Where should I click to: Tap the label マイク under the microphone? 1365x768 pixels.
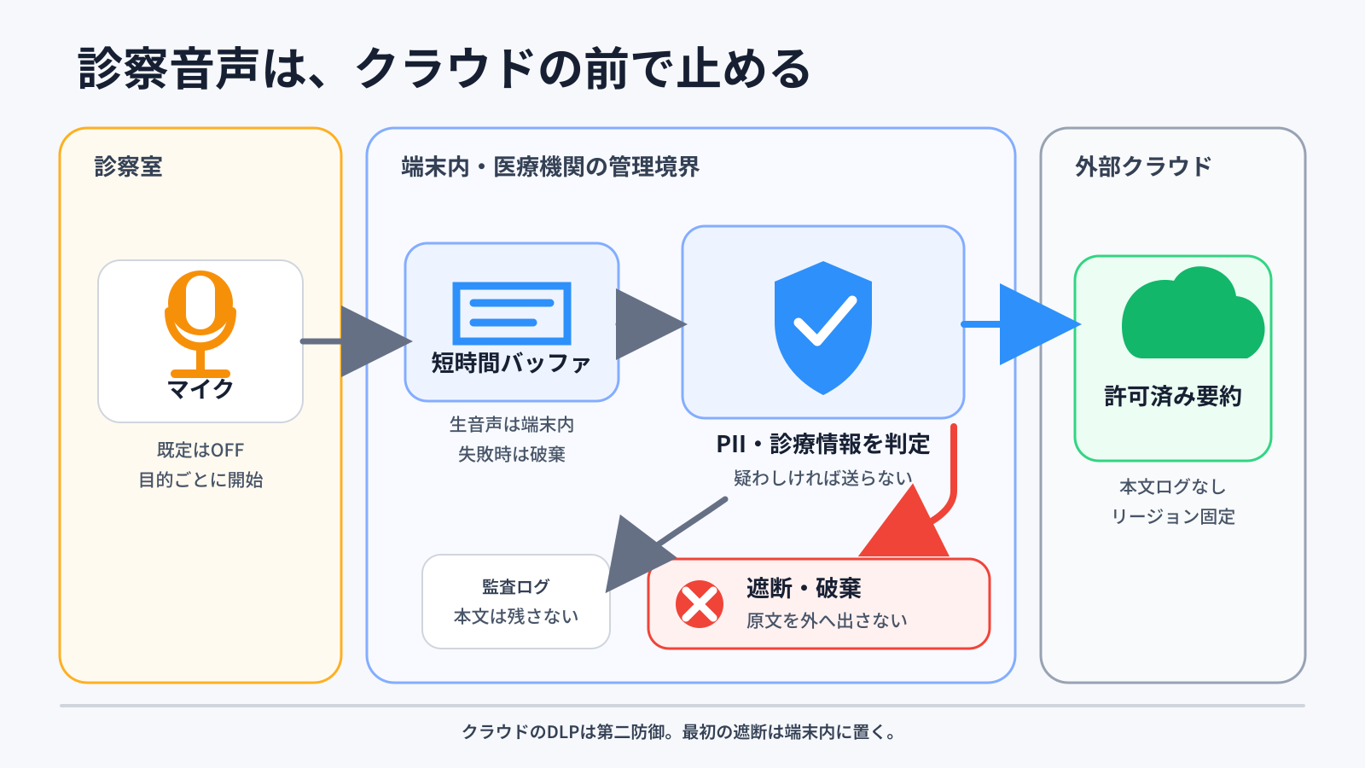pos(200,389)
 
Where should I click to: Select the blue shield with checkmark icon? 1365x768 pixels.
pos(823,328)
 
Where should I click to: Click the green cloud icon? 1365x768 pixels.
pos(1193,312)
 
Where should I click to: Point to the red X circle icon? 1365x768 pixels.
pos(700,604)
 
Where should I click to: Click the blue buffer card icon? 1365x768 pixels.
pos(512,313)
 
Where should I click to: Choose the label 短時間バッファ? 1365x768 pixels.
pos(511,363)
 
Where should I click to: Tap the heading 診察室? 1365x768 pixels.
pos(129,166)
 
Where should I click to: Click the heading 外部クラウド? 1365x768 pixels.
pos(1143,166)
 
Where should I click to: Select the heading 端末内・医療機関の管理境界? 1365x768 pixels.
pos(550,166)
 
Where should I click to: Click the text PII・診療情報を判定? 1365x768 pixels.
pos(823,444)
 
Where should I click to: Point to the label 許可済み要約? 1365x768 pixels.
pos(1173,396)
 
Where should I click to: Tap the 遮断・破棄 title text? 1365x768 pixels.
pos(804,588)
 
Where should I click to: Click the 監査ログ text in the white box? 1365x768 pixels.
pos(515,586)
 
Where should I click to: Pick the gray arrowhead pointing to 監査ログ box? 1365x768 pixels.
pos(637,556)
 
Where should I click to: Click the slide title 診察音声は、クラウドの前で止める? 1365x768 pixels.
pos(444,68)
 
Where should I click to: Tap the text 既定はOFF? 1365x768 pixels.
pos(200,450)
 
